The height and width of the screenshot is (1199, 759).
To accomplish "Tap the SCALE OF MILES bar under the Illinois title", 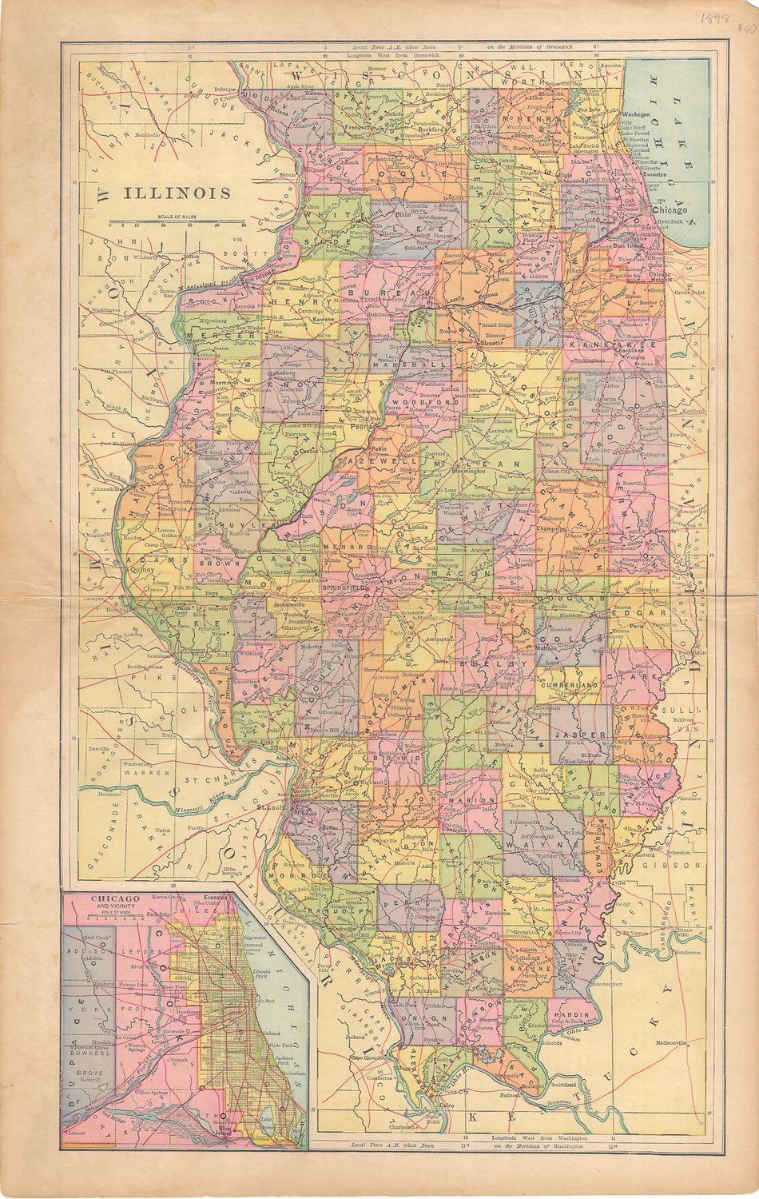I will [x=177, y=221].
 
